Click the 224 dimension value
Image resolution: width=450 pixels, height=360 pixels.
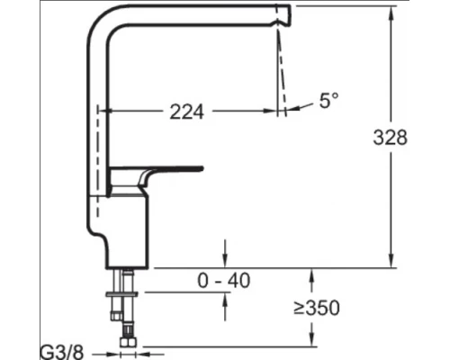pyautogui.click(x=186, y=112)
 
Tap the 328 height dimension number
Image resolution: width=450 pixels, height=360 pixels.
pyautogui.click(x=390, y=138)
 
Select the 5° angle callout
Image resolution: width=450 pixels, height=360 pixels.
pyautogui.click(x=328, y=101)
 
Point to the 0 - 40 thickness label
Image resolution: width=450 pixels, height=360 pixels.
pyautogui.click(x=224, y=281)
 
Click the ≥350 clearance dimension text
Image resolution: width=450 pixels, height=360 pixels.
pyautogui.click(x=317, y=308)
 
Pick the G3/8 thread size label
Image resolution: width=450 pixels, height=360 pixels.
pyautogui.click(x=62, y=352)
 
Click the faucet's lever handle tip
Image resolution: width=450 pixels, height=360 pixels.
pyautogui.click(x=202, y=168)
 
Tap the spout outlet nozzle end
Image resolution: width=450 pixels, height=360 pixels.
pyautogui.click(x=283, y=15)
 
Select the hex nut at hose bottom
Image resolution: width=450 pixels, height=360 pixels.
pyautogui.click(x=128, y=342)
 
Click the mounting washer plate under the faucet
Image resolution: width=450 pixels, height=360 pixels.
pyautogui.click(x=121, y=294)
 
